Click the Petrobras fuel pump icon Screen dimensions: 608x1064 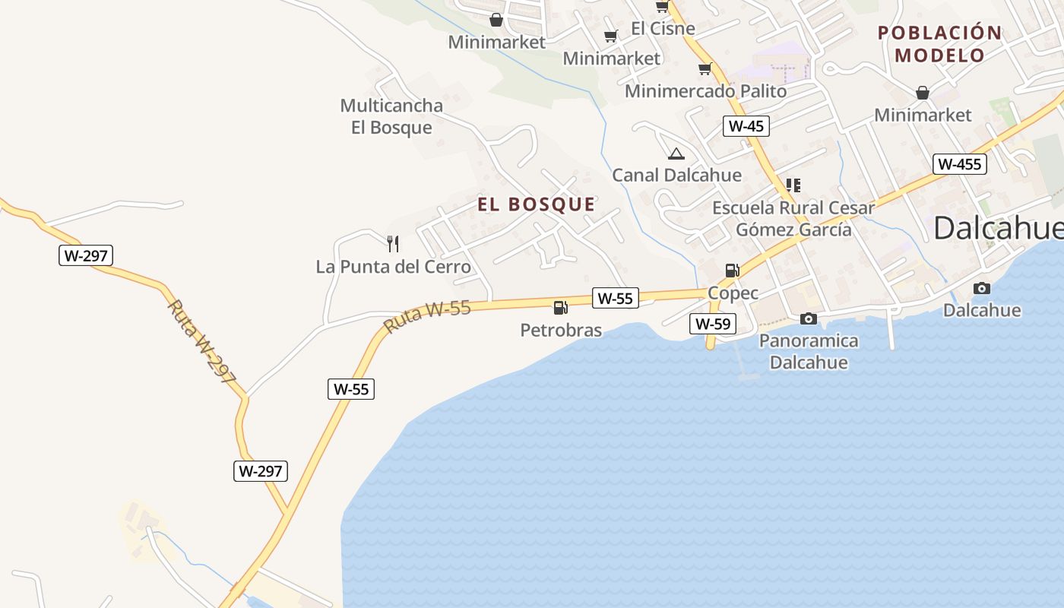(561, 307)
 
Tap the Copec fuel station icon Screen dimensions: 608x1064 (732, 270)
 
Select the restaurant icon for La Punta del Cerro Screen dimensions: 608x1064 (393, 244)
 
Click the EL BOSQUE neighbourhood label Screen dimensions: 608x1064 (537, 204)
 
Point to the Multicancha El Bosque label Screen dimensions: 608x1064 (391, 116)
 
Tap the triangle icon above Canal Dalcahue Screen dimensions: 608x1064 (676, 154)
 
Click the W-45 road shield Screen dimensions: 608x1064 (746, 126)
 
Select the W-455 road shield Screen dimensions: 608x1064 (959, 164)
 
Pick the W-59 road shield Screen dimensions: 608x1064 (713, 324)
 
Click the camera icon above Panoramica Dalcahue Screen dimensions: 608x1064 (809, 318)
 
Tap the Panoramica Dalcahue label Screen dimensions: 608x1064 (809, 351)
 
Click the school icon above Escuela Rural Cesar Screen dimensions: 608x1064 (793, 185)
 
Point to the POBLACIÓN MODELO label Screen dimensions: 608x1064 (939, 43)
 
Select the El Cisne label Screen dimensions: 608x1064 (663, 29)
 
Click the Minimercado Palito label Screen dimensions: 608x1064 (705, 91)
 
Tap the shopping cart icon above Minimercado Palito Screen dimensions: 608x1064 (705, 69)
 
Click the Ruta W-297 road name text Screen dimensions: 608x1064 (202, 340)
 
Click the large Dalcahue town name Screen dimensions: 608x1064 (997, 227)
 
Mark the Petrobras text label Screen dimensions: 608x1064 (561, 330)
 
